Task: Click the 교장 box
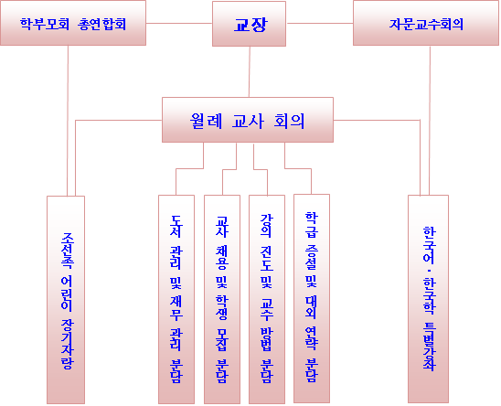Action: click(x=249, y=24)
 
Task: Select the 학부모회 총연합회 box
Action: click(x=73, y=23)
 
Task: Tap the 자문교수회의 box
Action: click(x=426, y=23)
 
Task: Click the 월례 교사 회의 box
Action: click(x=248, y=120)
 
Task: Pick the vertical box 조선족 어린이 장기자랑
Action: click(x=66, y=300)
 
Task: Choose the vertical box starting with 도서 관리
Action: click(x=176, y=299)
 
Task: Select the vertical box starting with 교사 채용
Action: click(x=222, y=299)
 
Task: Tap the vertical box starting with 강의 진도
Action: click(x=267, y=299)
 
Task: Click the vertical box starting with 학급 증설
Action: click(x=312, y=298)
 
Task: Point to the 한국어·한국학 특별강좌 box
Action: click(x=428, y=299)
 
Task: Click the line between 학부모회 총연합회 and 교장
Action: click(x=179, y=23)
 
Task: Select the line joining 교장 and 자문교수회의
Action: click(x=319, y=23)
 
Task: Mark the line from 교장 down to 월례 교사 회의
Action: click(x=250, y=72)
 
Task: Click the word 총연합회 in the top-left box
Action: click(x=101, y=25)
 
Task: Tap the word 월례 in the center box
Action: click(x=206, y=122)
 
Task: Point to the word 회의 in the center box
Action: click(x=289, y=122)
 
